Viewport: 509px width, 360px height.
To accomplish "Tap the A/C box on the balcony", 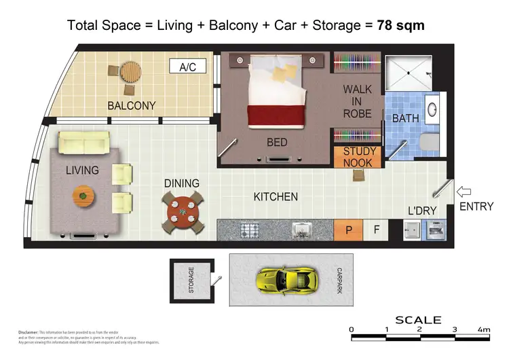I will point(187,67).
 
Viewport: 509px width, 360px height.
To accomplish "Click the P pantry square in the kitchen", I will point(348,230).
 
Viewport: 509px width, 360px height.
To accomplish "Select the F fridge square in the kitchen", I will point(377,230).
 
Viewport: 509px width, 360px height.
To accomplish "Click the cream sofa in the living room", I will point(83,143).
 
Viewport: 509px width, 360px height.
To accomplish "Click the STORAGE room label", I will point(191,279).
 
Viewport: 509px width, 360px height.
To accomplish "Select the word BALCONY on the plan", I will point(132,106).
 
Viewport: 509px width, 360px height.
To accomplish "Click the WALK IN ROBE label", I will point(357,101).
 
